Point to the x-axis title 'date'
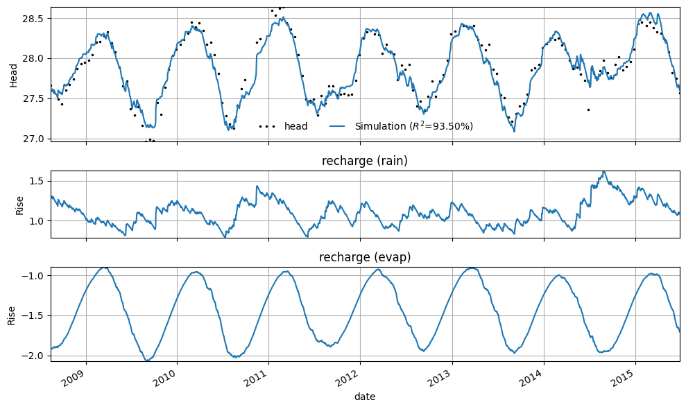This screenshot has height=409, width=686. (365, 397)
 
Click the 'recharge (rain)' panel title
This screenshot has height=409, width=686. (365, 161)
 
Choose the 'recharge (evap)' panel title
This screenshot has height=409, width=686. (365, 257)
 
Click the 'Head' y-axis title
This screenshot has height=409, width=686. (14, 76)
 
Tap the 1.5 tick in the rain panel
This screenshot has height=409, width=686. (39, 181)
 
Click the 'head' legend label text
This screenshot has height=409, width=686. (295, 126)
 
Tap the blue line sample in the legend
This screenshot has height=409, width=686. (337, 126)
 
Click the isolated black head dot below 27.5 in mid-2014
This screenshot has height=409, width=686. (588, 110)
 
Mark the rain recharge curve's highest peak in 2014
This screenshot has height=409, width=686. (603, 172)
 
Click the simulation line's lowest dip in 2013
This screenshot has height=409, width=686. (514, 131)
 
